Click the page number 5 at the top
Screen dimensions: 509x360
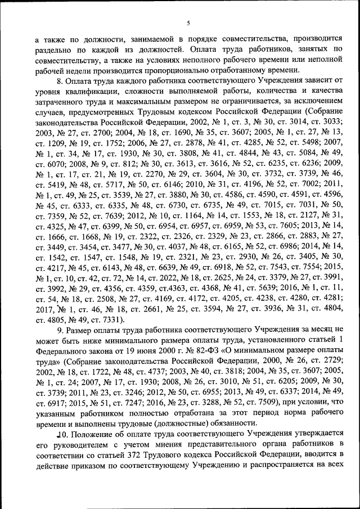tap(188, 22)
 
